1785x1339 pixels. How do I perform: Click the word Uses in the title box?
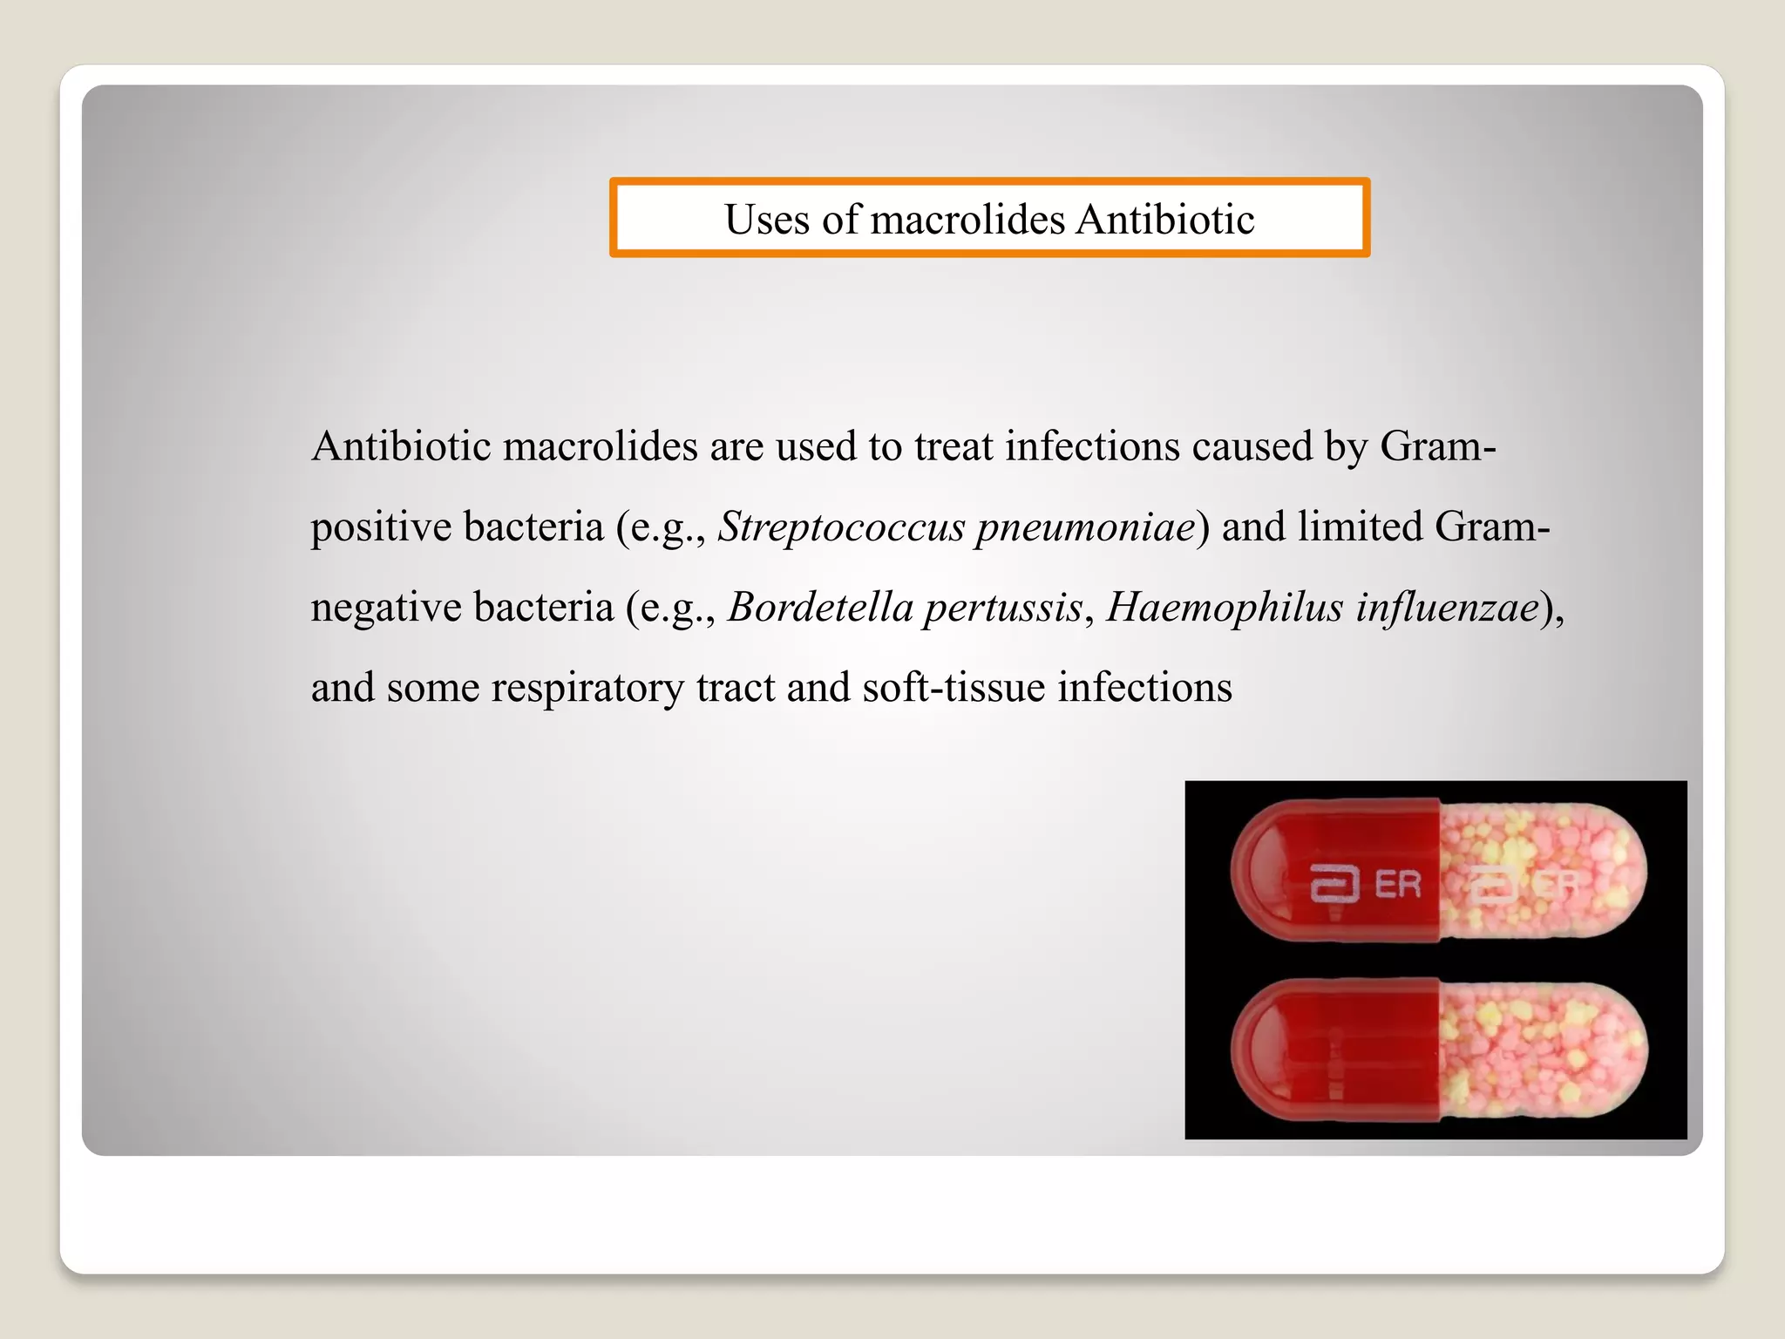(x=767, y=219)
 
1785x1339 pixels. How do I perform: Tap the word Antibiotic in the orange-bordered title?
(x=1164, y=219)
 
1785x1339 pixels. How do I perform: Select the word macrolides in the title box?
(x=967, y=219)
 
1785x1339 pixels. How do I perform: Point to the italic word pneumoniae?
(x=1085, y=527)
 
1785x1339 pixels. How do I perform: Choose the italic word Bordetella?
(x=816, y=608)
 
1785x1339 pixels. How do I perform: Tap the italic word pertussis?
(x=1002, y=608)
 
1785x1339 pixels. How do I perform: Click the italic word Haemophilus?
(x=1224, y=608)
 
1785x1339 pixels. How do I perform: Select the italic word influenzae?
(x=1447, y=608)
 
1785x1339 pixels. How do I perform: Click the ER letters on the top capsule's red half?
(x=1397, y=885)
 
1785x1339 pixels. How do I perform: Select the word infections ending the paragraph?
(x=1144, y=687)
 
